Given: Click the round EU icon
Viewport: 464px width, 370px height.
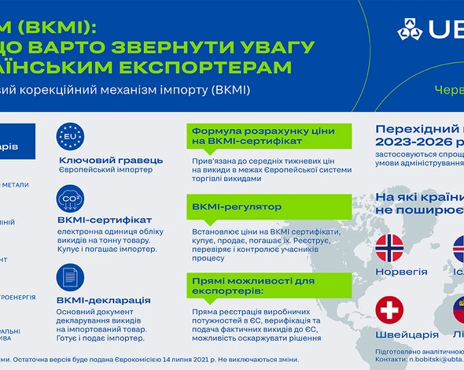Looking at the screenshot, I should pos(72,138).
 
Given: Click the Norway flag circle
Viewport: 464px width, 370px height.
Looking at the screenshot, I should pos(390,248).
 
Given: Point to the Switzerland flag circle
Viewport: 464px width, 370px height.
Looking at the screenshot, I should pos(390,310).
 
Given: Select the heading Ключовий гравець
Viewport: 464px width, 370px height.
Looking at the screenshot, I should pos(112,160).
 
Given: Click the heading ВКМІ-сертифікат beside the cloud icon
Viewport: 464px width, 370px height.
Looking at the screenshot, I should pos(105,220).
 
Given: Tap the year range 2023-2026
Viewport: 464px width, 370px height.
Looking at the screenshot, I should pos(417,143).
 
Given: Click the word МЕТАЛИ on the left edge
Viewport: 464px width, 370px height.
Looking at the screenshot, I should pos(16,185).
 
